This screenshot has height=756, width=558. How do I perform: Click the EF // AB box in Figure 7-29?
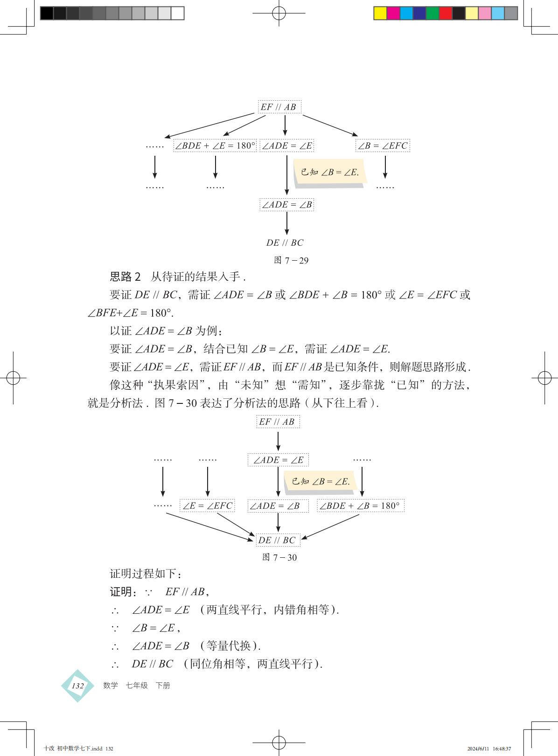(x=279, y=107)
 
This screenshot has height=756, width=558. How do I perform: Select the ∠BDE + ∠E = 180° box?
(x=215, y=146)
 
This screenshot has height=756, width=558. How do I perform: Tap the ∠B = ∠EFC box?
(x=383, y=146)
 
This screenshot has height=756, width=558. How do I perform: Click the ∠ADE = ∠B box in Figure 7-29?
(x=286, y=204)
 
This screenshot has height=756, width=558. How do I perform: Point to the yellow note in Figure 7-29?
(x=329, y=172)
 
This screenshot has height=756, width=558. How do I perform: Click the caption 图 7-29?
(x=291, y=260)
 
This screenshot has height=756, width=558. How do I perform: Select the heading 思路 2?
(x=125, y=277)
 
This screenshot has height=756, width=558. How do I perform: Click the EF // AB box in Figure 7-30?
(x=278, y=422)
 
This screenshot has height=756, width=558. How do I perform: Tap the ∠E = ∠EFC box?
(x=207, y=506)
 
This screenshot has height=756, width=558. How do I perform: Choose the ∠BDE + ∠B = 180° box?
(x=360, y=506)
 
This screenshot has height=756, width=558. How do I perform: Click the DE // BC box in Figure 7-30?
(x=277, y=540)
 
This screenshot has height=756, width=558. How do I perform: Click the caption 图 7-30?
(x=279, y=557)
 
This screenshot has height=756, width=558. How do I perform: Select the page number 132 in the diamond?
(x=77, y=686)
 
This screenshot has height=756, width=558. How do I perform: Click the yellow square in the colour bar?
(x=380, y=13)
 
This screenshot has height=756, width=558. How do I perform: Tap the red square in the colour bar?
(x=446, y=13)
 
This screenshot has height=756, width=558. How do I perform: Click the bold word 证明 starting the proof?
(x=121, y=592)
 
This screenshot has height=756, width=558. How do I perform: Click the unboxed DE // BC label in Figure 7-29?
(x=285, y=243)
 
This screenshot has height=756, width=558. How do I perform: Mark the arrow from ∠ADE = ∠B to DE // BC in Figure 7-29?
(x=286, y=223)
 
